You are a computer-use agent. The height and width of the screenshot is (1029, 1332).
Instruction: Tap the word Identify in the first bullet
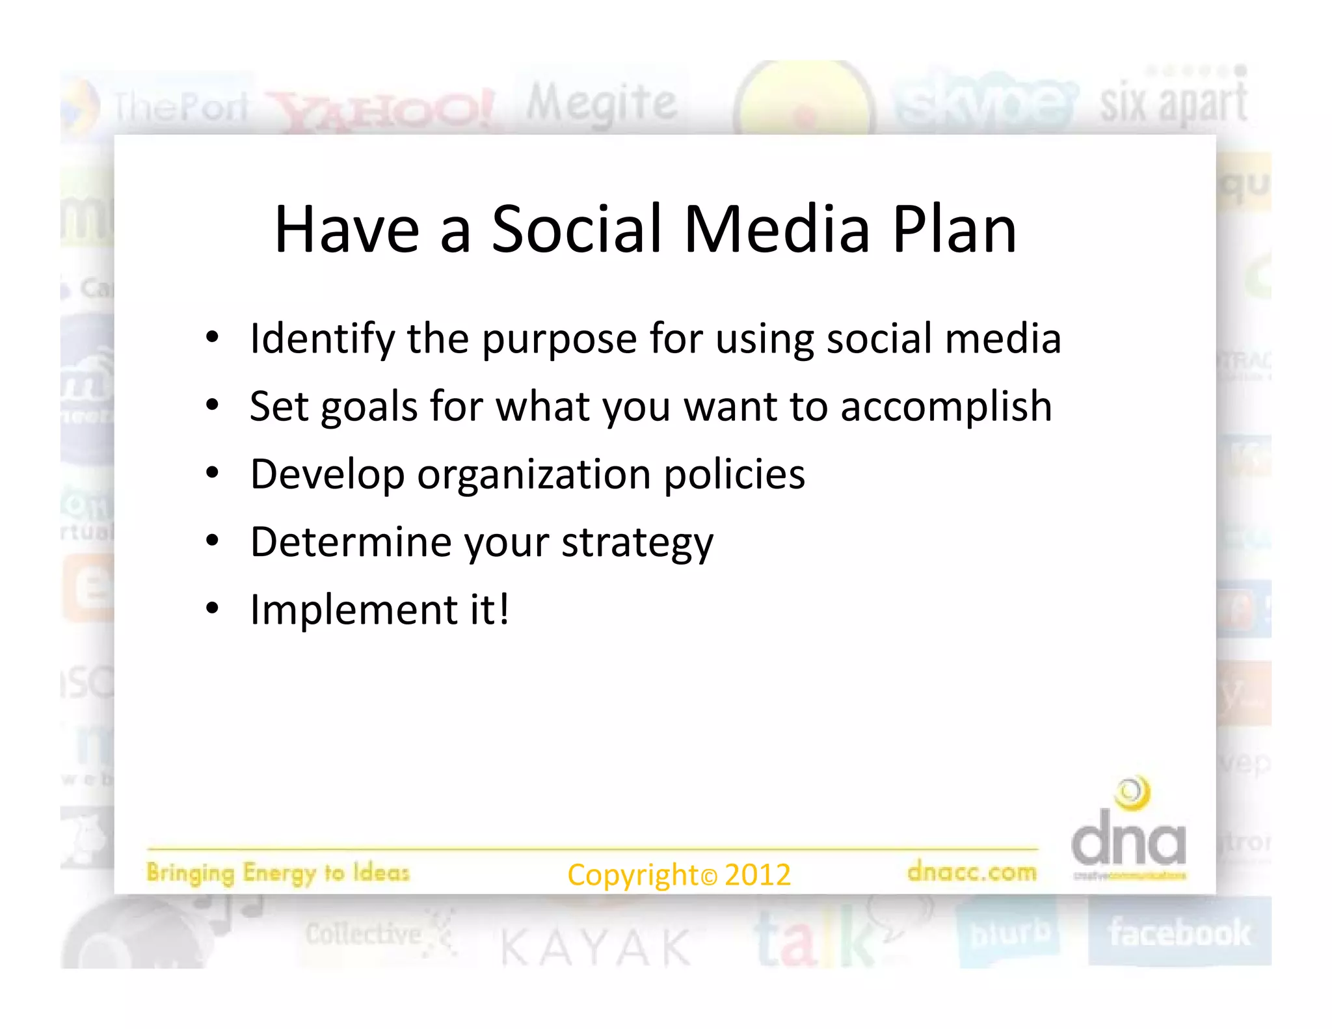pos(322,340)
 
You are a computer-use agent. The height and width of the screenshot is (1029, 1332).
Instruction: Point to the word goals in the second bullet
pos(369,408)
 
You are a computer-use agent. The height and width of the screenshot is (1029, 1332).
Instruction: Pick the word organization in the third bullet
pos(534,475)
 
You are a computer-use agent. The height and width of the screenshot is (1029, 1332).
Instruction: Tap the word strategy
pos(637,543)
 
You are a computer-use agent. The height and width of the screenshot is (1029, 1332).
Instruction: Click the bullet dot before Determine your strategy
pos(212,541)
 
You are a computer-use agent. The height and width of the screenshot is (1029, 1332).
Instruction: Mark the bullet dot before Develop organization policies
pos(212,473)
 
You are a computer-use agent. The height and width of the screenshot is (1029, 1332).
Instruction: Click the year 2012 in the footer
pos(758,875)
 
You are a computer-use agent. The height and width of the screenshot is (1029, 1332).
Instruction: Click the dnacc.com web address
pos(972,871)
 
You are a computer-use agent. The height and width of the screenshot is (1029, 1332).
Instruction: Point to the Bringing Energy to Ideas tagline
pos(278,873)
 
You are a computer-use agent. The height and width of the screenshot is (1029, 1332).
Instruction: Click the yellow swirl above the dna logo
pos(1132,793)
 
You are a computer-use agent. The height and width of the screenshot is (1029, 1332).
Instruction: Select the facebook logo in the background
pos(1179,933)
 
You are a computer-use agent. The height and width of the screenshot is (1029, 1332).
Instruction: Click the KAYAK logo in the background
pos(596,948)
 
